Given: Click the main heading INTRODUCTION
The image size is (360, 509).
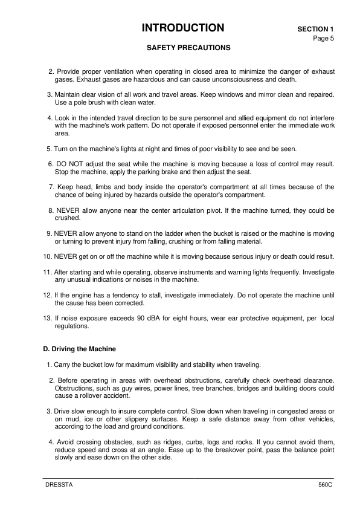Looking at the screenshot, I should pyautogui.click(x=183, y=28).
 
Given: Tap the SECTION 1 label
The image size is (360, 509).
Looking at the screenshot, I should pyautogui.click(x=315, y=29).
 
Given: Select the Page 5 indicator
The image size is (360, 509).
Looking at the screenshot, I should pyautogui.click(x=323, y=38).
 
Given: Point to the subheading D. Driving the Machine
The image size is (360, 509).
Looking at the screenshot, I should pyautogui.click(x=79, y=349).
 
